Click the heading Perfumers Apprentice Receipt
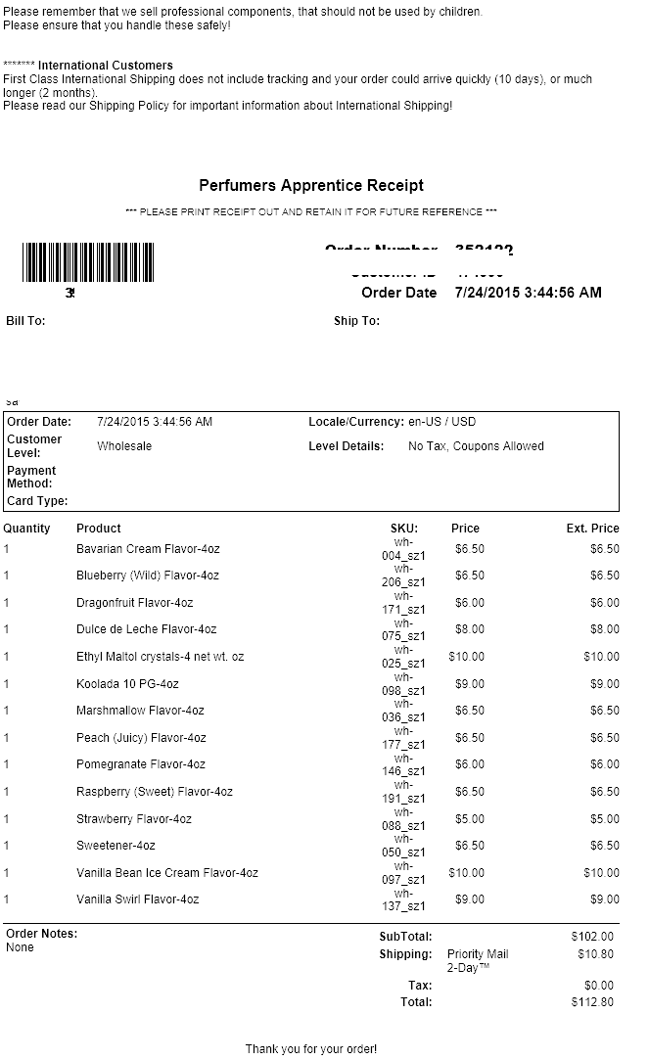pos(311,185)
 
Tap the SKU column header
pos(404,529)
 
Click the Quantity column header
pos(27,529)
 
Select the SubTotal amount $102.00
pos(592,937)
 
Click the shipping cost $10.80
pos(595,954)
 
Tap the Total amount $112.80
pos(592,1002)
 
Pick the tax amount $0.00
pos(598,986)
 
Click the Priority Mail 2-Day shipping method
pos(478,960)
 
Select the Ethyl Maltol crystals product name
pos(160,657)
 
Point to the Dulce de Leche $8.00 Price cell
pos(469,629)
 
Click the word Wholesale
pos(124,446)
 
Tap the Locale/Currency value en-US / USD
pos(441,422)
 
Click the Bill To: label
pos(25,321)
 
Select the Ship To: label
pos(356,321)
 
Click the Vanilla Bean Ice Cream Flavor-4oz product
pos(166,873)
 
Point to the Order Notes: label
pos(41,934)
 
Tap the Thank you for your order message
pos(310,1048)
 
